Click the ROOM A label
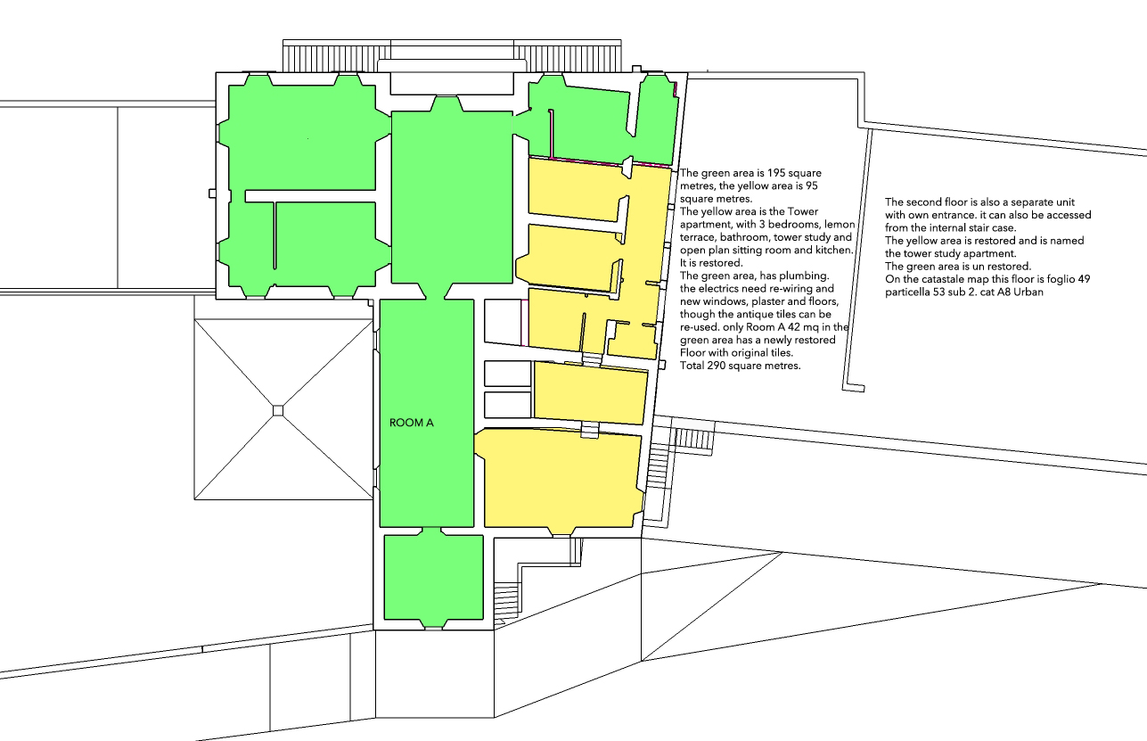coord(411,423)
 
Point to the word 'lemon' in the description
coord(840,225)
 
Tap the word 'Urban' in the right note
coord(1028,292)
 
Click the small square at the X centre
coord(278,410)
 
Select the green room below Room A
coord(434,578)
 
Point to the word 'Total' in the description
coord(692,366)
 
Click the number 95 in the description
coord(812,186)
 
